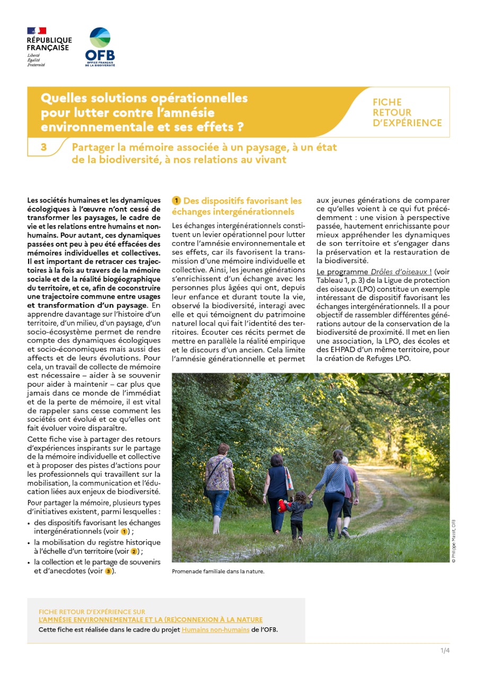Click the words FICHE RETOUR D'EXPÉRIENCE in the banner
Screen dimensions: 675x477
click(407, 112)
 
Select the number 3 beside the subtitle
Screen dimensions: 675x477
click(43, 147)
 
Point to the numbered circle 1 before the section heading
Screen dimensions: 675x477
click(176, 201)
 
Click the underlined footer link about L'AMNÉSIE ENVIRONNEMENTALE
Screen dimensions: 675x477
click(151, 619)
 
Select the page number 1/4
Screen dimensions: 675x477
click(444, 651)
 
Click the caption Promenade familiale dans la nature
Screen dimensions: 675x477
click(218, 572)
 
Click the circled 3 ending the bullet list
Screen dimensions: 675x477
click(108, 571)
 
